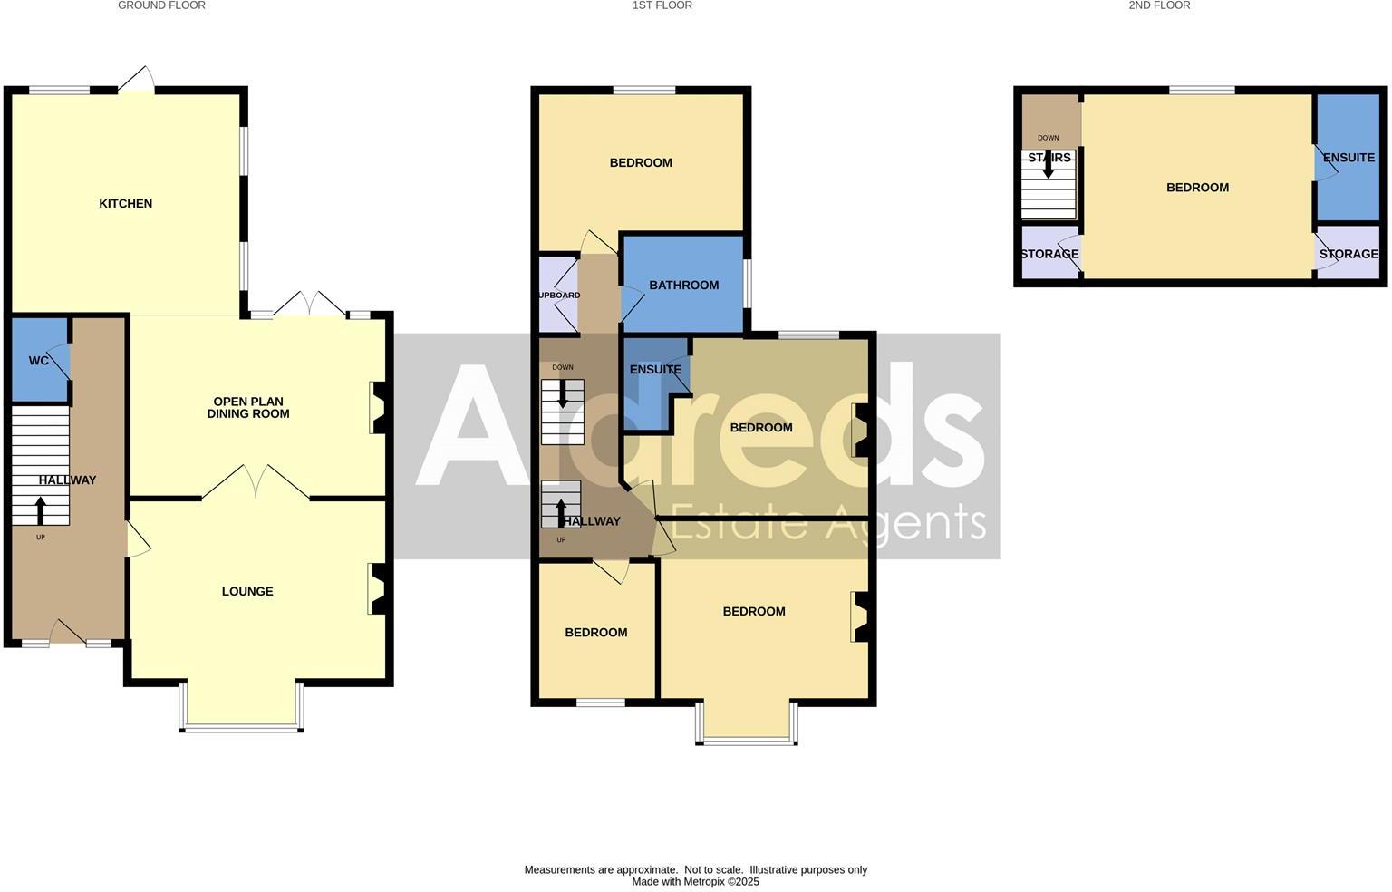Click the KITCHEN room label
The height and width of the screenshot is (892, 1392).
(x=125, y=204)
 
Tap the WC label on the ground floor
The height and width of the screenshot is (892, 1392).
(x=38, y=361)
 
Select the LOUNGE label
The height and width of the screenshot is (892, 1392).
(x=247, y=592)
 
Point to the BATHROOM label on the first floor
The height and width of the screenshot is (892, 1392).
(x=683, y=286)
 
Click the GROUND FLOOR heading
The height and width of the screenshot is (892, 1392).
(x=161, y=5)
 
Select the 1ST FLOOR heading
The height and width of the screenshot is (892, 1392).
(x=662, y=5)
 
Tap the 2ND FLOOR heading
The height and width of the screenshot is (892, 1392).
(x=1159, y=5)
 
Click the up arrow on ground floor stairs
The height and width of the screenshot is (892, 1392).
(x=41, y=509)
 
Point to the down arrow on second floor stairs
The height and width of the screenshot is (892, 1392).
(x=1049, y=166)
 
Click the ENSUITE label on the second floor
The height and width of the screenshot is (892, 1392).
(x=1348, y=158)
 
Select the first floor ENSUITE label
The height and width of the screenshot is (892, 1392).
(x=655, y=370)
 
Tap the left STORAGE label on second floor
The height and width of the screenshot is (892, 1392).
(x=1049, y=255)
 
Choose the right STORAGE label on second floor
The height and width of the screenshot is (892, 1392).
(x=1348, y=255)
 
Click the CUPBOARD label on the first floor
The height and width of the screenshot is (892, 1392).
(x=558, y=296)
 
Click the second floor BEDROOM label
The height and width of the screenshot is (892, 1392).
(x=1197, y=188)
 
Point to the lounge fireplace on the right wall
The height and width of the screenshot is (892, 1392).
(x=378, y=589)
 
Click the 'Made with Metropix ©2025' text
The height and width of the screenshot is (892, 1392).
(x=695, y=882)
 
